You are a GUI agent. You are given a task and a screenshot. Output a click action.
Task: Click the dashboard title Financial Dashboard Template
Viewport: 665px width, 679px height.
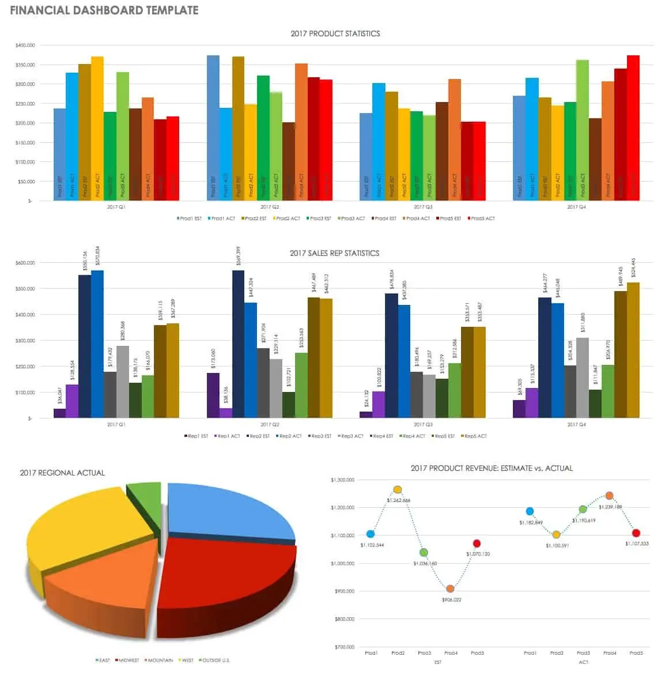pyautogui.click(x=104, y=10)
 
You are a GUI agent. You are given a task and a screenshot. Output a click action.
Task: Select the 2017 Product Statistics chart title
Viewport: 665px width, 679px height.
pyautogui.click(x=335, y=33)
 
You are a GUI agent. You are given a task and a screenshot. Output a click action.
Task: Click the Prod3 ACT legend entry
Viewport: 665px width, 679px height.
pyautogui.click(x=352, y=218)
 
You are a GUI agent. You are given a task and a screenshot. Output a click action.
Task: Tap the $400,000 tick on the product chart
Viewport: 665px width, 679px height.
pyautogui.click(x=25, y=45)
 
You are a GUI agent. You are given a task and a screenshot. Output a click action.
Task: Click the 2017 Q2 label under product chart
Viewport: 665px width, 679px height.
pyautogui.click(x=269, y=206)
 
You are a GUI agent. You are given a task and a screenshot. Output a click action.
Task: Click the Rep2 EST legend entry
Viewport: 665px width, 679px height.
pyautogui.click(x=259, y=436)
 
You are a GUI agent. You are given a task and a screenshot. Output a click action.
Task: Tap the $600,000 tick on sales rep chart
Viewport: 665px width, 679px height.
pyautogui.click(x=25, y=263)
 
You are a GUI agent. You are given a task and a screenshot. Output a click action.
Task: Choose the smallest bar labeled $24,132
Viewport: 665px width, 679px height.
pyautogui.click(x=366, y=414)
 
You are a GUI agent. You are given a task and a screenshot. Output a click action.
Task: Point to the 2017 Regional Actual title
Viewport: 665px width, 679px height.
pyautogui.click(x=62, y=473)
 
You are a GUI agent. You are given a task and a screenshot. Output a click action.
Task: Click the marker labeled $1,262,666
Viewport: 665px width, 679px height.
pyautogui.click(x=398, y=490)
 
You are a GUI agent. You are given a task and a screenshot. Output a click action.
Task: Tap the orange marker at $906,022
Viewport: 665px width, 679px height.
pyautogui.click(x=451, y=589)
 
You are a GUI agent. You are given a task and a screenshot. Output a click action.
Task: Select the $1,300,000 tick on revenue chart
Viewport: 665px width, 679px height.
pyautogui.click(x=342, y=480)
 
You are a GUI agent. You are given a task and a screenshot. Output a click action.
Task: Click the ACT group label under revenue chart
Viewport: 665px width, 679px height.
pyautogui.click(x=583, y=662)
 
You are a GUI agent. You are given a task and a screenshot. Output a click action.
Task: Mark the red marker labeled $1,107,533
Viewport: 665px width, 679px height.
pyautogui.click(x=636, y=533)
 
